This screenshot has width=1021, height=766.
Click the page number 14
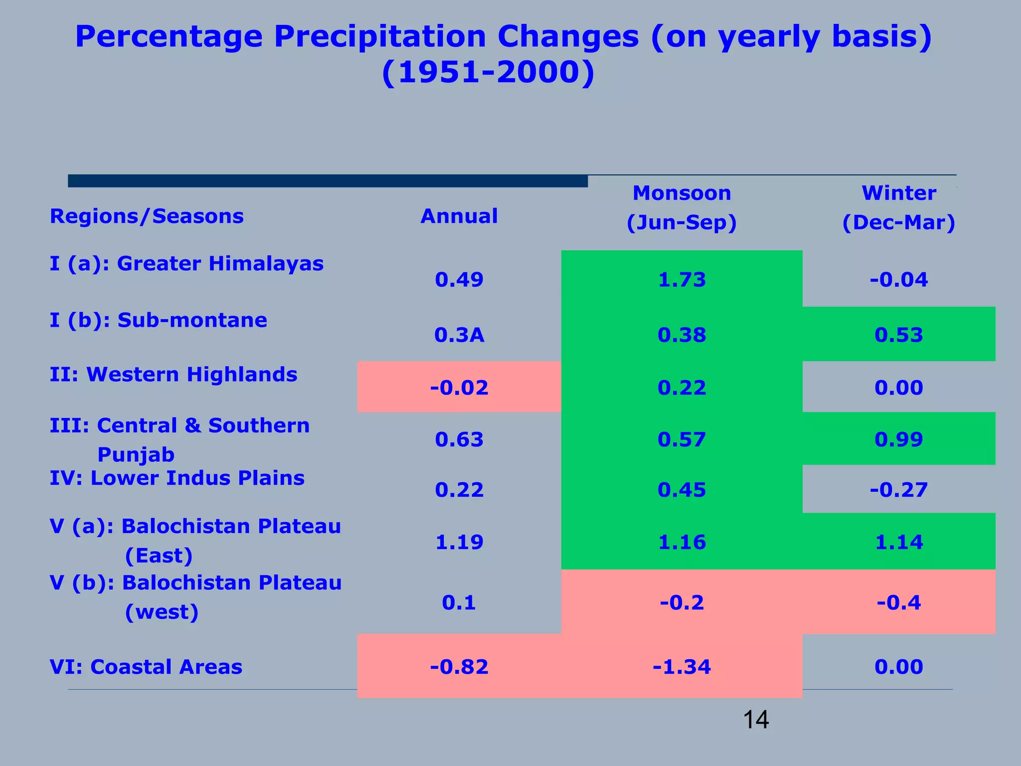click(x=756, y=720)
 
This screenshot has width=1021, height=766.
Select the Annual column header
click(x=459, y=216)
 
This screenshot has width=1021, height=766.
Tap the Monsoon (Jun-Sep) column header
click(x=681, y=207)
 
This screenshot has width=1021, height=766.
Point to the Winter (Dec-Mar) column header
click(x=898, y=207)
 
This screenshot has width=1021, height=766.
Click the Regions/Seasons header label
click(x=147, y=216)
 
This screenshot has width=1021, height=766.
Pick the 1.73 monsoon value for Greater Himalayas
click(x=681, y=279)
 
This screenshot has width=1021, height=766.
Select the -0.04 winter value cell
click(x=898, y=279)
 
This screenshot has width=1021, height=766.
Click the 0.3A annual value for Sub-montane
click(x=459, y=335)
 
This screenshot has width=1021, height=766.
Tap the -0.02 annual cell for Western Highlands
click(x=459, y=387)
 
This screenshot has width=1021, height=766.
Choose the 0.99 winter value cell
click(x=898, y=439)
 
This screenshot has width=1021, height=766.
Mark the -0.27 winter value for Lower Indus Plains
click(x=898, y=490)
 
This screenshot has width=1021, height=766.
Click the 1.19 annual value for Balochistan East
click(x=459, y=542)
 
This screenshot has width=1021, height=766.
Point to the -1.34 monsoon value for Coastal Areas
click(x=681, y=667)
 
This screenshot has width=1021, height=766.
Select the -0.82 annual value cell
click(x=459, y=667)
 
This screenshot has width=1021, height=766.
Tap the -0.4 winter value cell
click(x=898, y=603)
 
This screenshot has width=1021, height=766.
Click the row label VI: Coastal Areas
click(x=146, y=667)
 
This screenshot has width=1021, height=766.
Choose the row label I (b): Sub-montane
click(x=158, y=320)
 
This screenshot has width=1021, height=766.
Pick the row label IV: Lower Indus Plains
click(x=177, y=478)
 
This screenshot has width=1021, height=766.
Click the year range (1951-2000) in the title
click(x=488, y=73)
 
